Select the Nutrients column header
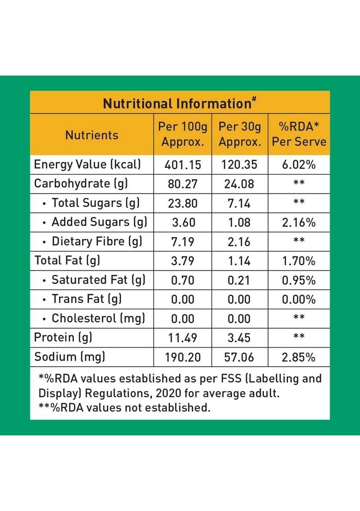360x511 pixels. (91, 135)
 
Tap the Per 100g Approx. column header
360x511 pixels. (183, 134)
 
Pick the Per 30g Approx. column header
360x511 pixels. (240, 134)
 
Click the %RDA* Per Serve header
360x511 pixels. (299, 134)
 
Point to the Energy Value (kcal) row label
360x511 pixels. (88, 165)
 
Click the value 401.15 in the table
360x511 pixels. (183, 165)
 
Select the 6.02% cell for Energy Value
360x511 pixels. (299, 165)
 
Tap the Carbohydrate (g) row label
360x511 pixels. (81, 184)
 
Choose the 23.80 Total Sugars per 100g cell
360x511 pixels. (183, 203)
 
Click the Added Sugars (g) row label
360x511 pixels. (99, 222)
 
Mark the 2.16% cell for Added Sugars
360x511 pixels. (299, 222)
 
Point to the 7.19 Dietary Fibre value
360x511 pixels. (183, 242)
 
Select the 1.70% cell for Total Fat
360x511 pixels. (299, 261)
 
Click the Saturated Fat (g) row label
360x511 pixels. (98, 280)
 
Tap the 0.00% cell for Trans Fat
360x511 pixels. (299, 299)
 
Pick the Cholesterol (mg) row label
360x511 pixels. (98, 318)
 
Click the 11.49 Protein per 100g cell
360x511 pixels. (183, 338)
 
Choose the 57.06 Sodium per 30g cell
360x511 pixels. (240, 357)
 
